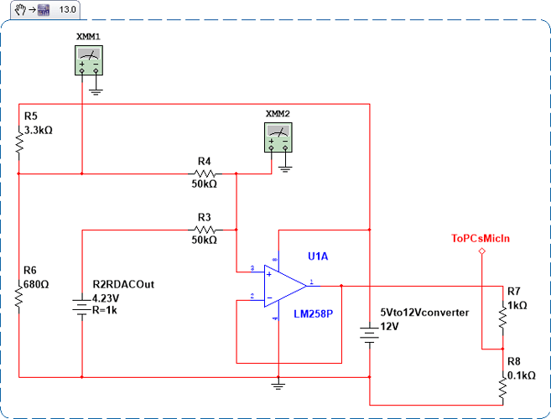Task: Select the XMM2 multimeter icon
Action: pos(278,137)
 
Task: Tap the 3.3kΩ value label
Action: pos(41,130)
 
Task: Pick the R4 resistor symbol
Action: pos(204,173)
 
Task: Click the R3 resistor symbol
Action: pos(204,229)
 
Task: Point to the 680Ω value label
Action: pos(38,284)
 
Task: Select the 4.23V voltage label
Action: pos(106,297)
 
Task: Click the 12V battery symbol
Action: pos(368,334)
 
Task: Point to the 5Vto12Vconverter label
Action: pos(424,312)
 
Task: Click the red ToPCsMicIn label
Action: pos(481,238)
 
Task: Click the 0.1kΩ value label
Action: pos(521,375)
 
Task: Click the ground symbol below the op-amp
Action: pos(278,385)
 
